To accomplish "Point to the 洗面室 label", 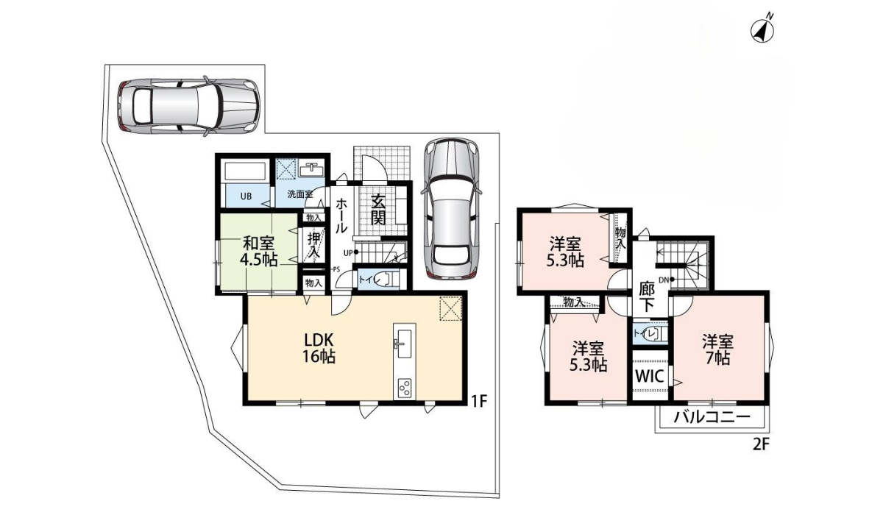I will [x=299, y=195].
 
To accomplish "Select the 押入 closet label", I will [x=314, y=244].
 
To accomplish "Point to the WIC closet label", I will [x=650, y=376].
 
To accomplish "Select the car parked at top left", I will [x=187, y=106].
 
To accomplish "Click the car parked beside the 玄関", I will [x=450, y=210].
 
